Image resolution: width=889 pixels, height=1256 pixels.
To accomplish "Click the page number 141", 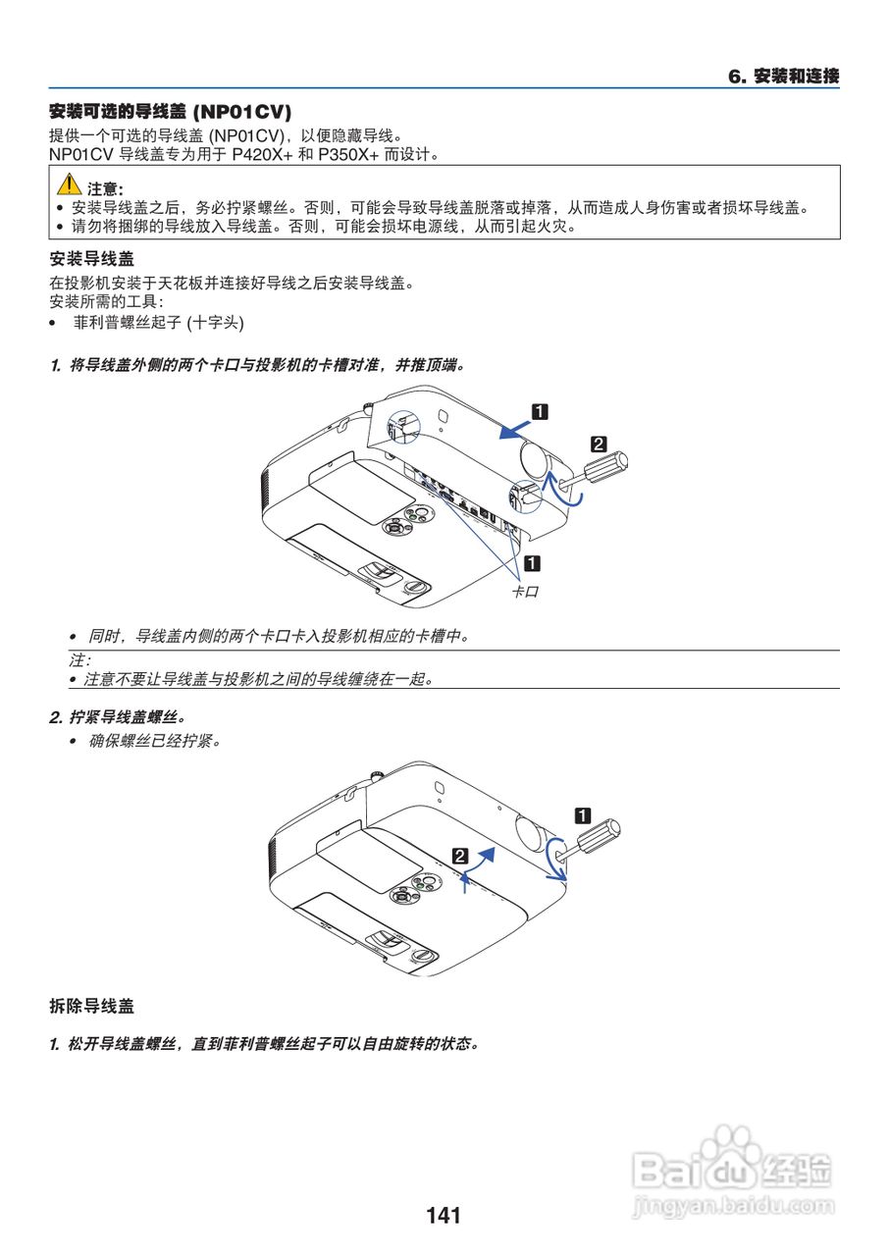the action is click(x=444, y=1216).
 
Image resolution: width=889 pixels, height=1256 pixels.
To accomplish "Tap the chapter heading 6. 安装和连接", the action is click(x=783, y=77).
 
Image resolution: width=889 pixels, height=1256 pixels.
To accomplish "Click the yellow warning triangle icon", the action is click(x=68, y=183).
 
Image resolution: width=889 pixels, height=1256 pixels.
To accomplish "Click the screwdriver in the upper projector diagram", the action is click(x=601, y=465).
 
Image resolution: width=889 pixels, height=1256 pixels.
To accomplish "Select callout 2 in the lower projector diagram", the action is click(x=459, y=855).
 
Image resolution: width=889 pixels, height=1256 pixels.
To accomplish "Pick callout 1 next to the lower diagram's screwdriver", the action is click(x=582, y=814).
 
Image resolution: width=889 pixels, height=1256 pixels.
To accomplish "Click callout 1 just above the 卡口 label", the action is click(x=532, y=563).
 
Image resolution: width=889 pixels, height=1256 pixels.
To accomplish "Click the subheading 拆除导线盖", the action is click(x=91, y=1007).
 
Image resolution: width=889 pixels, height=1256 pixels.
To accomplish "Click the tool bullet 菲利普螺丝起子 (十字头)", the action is click(x=158, y=323).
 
